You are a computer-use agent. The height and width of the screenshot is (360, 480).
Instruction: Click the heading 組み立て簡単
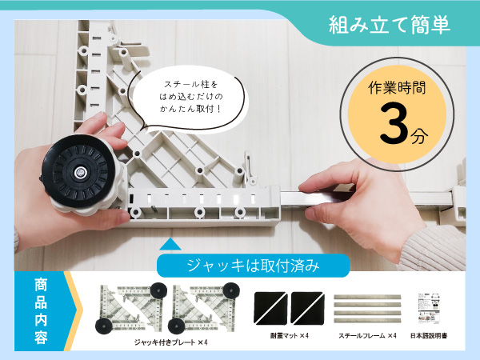click(390, 24)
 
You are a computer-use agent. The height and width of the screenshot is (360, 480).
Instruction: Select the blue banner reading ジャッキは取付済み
click(253, 265)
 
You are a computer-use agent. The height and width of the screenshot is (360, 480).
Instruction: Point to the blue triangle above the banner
click(170, 244)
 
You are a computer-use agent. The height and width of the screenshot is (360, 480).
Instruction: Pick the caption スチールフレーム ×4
click(366, 337)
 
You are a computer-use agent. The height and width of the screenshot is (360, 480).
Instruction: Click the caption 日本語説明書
click(431, 337)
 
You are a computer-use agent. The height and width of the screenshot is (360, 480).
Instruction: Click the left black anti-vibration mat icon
click(270, 307)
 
